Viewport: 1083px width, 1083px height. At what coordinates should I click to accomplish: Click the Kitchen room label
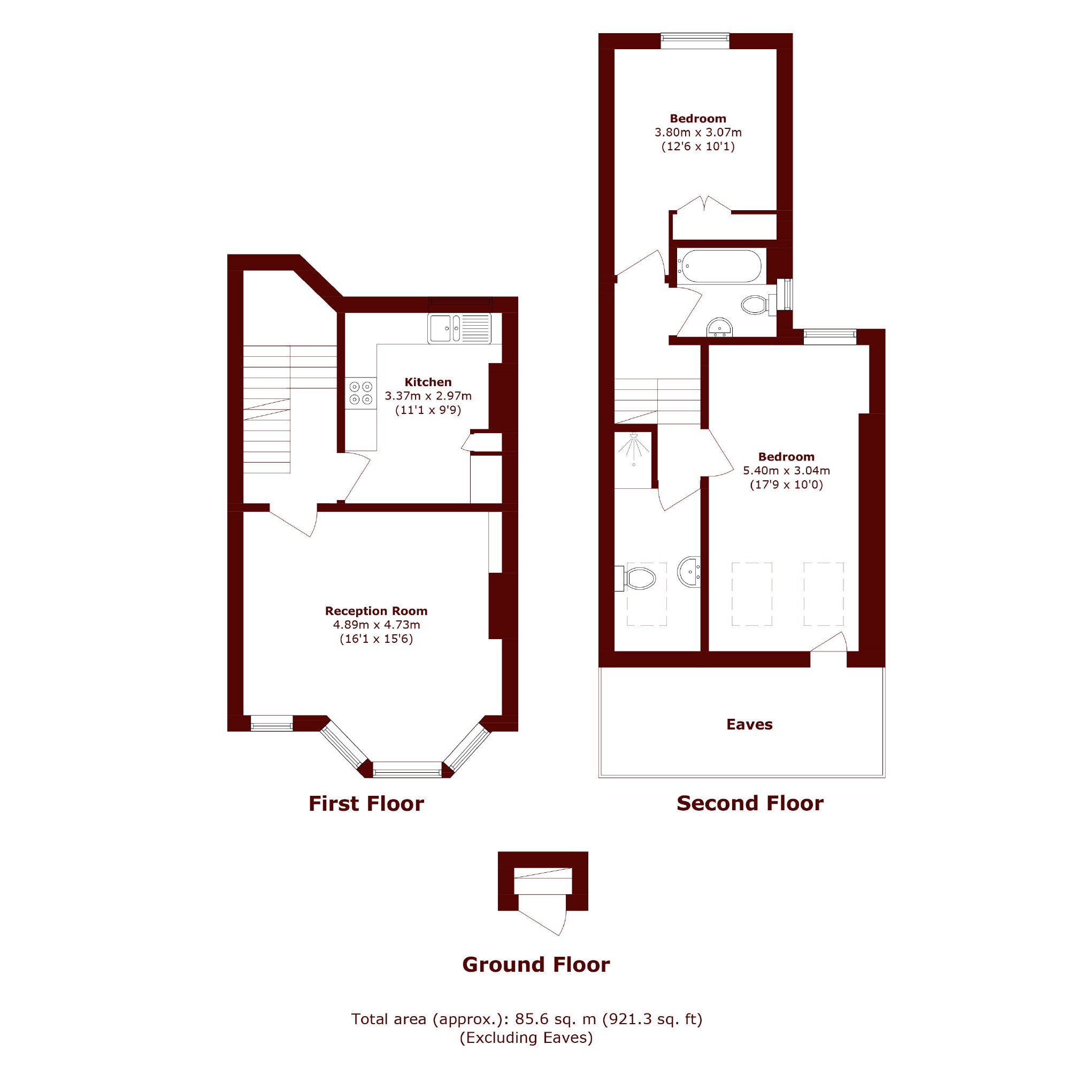428,382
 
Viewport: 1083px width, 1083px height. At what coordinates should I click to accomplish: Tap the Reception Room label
376,610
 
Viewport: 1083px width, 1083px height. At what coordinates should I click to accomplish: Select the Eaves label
749,724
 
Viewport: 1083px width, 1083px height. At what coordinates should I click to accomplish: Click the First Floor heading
366,803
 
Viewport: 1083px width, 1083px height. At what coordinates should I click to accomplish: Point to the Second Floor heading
750,803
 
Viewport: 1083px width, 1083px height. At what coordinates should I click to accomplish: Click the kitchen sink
459,328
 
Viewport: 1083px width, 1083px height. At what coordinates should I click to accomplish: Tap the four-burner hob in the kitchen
361,393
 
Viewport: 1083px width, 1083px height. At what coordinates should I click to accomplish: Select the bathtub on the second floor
719,266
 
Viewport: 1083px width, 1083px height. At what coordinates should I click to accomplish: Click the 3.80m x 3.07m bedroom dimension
698,132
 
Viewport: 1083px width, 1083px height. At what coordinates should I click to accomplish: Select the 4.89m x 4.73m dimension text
376,625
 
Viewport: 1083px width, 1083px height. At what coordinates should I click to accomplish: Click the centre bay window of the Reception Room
408,770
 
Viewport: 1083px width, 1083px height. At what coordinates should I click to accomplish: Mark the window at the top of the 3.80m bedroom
695,37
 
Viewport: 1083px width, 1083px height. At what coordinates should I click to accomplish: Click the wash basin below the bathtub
719,327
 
